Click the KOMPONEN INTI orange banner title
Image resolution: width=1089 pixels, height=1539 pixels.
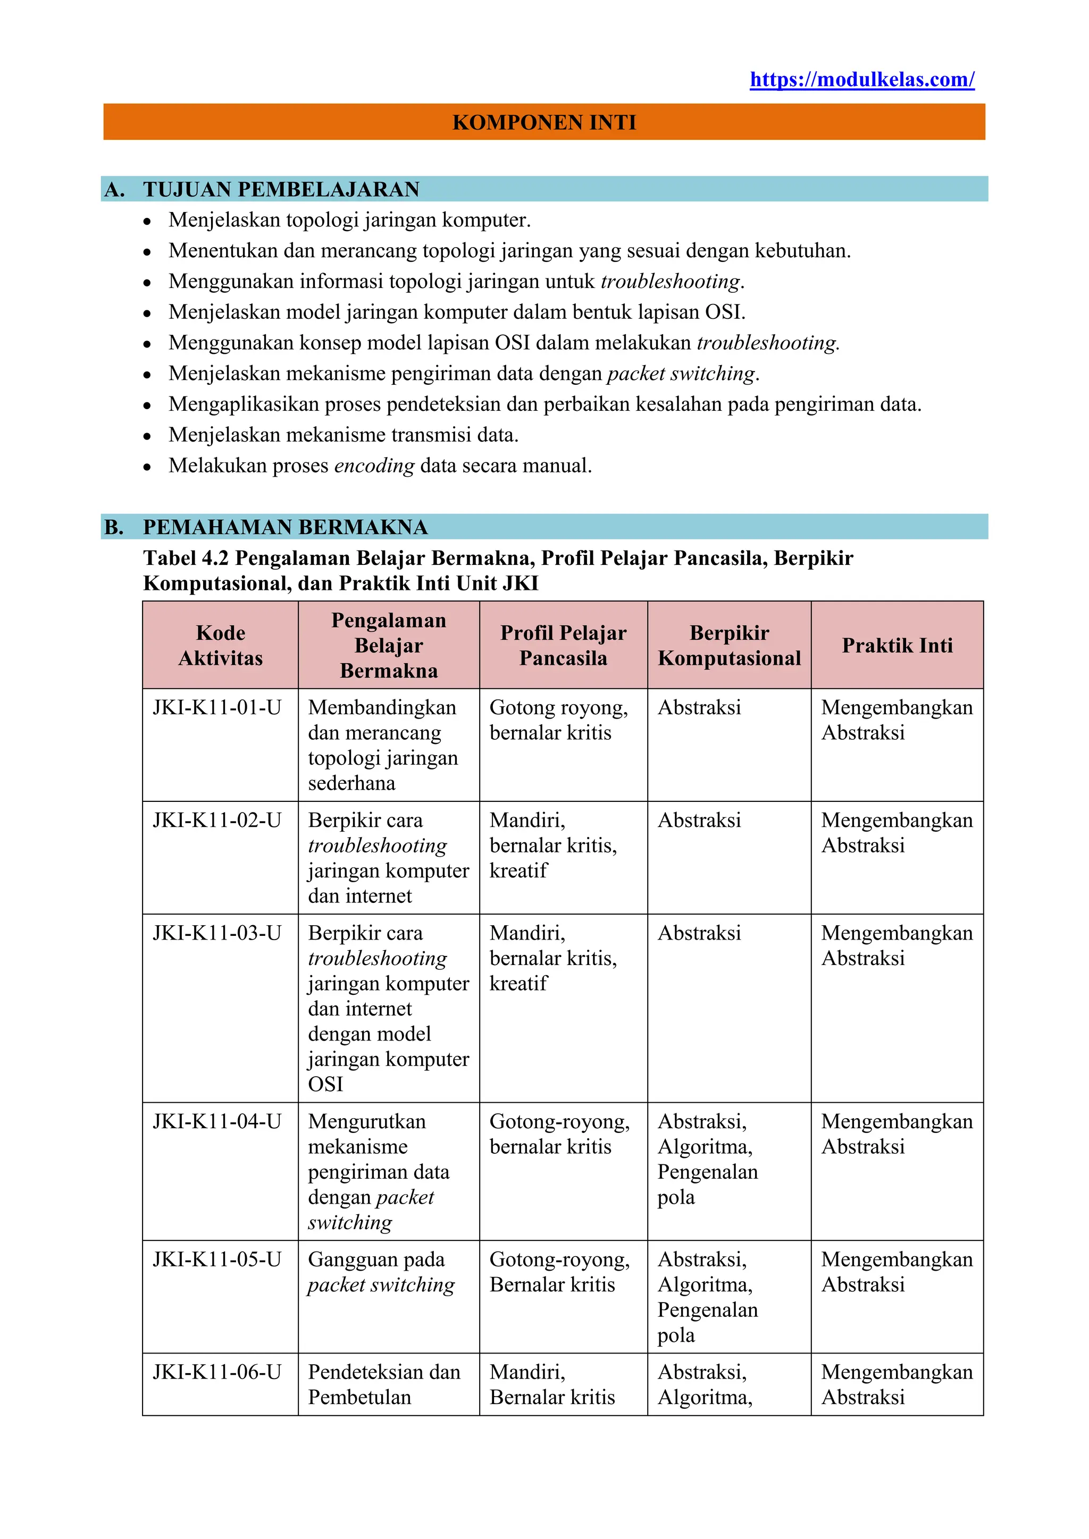point(544,122)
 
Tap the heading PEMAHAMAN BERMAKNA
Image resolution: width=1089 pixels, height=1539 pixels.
point(285,528)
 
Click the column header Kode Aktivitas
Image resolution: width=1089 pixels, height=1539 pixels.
point(221,646)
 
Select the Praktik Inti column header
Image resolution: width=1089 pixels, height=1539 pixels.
point(897,646)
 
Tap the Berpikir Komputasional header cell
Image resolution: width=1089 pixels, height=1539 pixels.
point(729,646)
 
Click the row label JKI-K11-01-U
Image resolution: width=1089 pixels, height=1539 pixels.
point(216,708)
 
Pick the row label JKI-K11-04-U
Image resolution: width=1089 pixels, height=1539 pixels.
point(216,1122)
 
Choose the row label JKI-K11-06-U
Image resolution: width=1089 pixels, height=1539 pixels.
point(216,1373)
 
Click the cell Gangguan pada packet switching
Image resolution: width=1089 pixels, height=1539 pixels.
point(381,1272)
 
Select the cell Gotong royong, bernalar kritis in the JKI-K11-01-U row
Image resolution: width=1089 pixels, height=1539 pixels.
point(558,720)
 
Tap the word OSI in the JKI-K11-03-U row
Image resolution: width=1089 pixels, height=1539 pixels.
point(325,1085)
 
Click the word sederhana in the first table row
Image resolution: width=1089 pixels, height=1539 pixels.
point(351,783)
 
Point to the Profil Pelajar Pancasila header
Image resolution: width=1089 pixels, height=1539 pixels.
point(563,646)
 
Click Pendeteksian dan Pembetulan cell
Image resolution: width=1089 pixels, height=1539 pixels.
point(383,1385)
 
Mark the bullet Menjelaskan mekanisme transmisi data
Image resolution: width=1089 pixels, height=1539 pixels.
point(344,435)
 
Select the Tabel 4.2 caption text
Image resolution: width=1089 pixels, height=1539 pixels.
point(498,570)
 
